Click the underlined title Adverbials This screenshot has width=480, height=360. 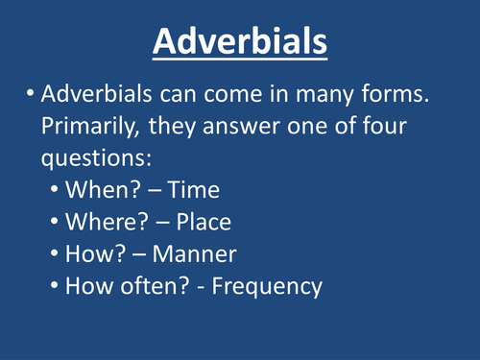point(240,44)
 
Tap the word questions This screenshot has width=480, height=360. point(108,159)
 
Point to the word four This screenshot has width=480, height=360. point(396,130)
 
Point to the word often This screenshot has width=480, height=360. point(150,287)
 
